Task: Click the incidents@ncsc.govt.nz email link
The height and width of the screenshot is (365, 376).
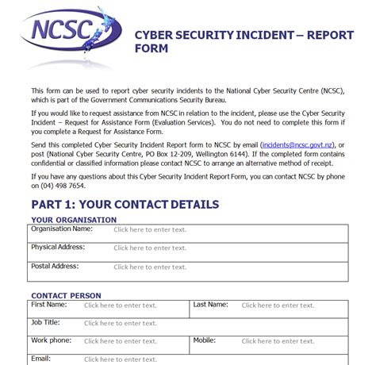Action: click(301, 144)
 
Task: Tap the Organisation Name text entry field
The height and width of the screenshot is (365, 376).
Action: click(150, 230)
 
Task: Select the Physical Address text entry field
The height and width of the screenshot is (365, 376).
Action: click(150, 248)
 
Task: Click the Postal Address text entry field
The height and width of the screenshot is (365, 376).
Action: click(150, 267)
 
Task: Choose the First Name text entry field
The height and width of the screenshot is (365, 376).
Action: click(121, 305)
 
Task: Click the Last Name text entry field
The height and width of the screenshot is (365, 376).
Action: click(278, 305)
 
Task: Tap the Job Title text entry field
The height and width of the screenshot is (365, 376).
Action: click(121, 323)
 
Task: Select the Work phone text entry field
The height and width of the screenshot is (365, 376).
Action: click(121, 341)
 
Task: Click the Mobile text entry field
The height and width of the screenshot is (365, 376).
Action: click(278, 341)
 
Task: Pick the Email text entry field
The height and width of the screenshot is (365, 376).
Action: click(121, 359)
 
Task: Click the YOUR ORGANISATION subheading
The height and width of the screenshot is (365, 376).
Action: click(74, 220)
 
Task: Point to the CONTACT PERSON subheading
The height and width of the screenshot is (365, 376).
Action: click(66, 295)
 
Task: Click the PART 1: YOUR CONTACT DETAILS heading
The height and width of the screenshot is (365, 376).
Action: click(125, 205)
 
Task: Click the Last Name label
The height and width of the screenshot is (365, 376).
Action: click(211, 304)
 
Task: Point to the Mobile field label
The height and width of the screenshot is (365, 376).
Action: click(205, 340)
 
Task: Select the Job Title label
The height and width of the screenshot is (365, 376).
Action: click(46, 322)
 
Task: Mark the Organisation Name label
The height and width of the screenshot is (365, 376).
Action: click(62, 229)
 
